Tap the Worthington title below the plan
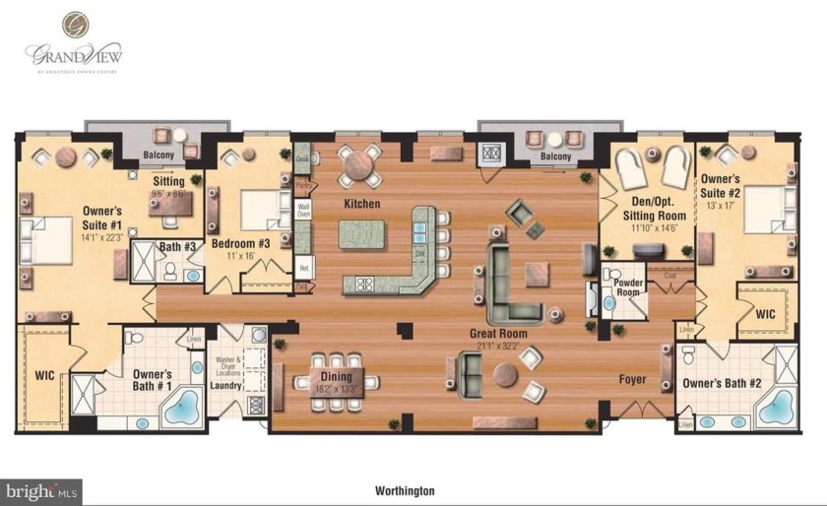click(405, 489)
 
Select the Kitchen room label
click(362, 204)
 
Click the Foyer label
click(632, 378)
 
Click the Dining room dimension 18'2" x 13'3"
click(337, 389)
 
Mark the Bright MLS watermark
click(42, 489)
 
